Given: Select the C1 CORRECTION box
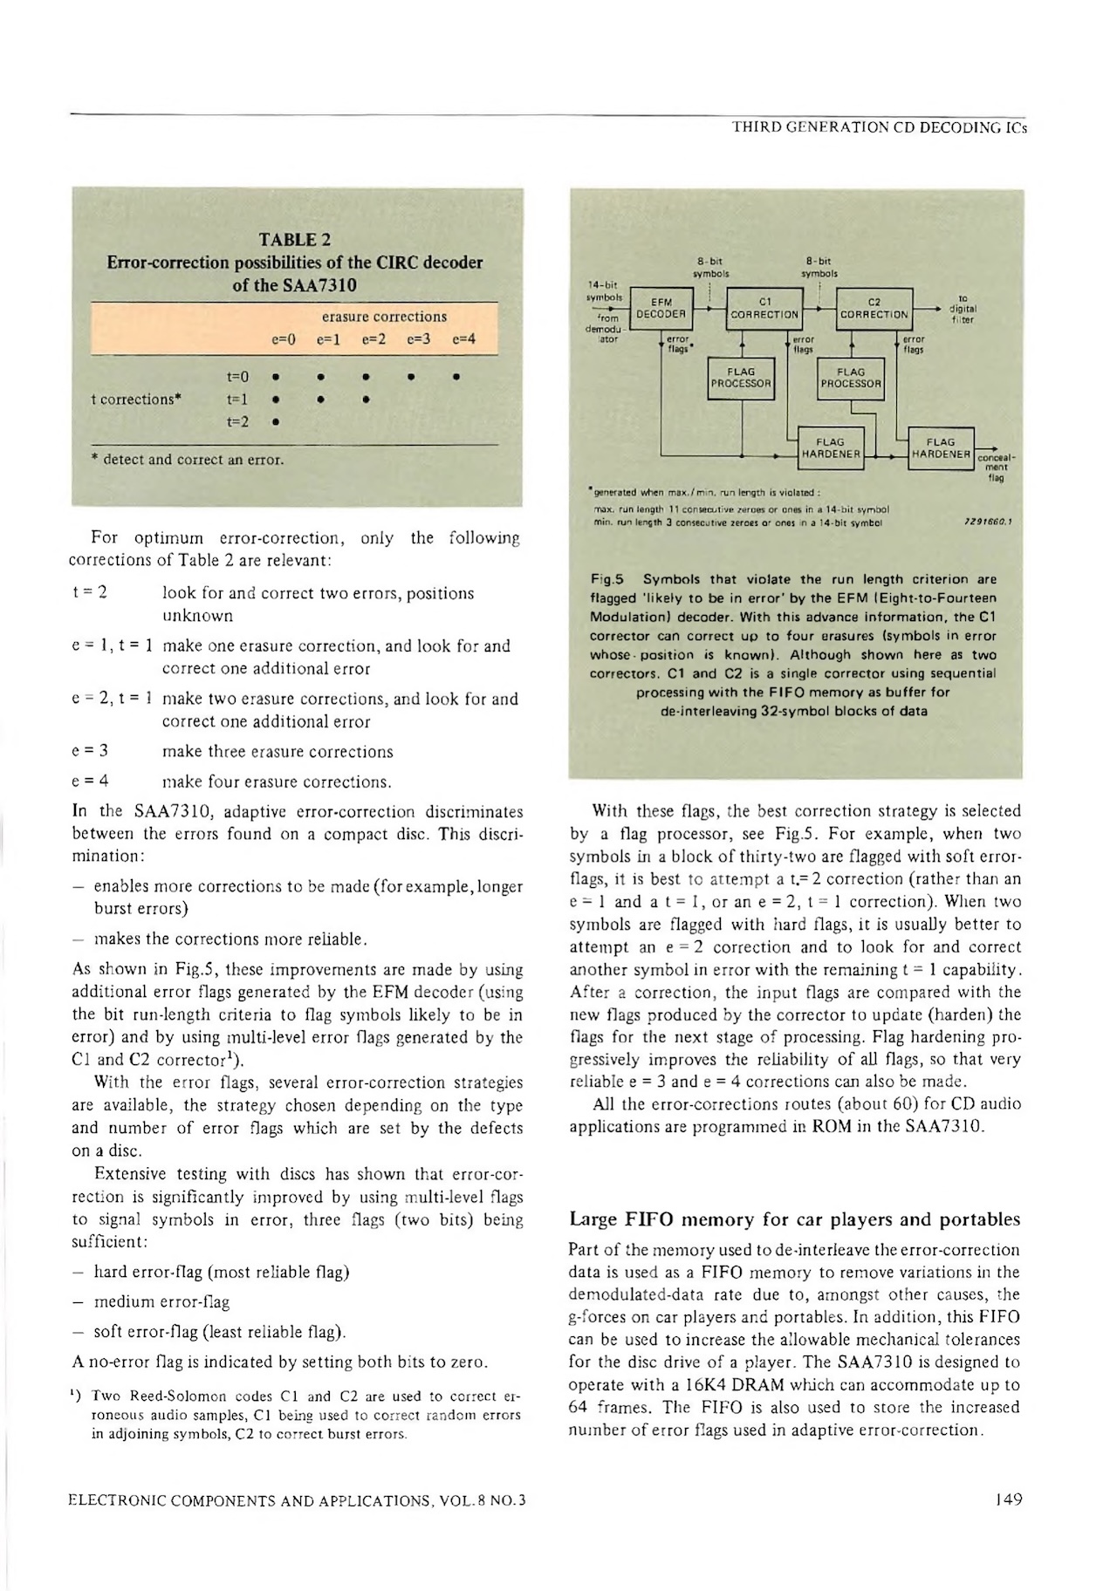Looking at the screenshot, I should click(764, 308).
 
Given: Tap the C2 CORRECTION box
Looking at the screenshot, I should click(874, 308).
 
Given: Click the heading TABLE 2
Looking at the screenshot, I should click(295, 240).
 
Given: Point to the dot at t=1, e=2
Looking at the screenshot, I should click(365, 400).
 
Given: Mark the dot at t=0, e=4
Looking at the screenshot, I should click(457, 379).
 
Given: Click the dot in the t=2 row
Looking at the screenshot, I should click(275, 423).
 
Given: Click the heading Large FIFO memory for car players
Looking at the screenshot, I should click(794, 1219).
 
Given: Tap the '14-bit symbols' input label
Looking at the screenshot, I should click(604, 290).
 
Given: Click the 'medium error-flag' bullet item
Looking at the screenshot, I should click(161, 1302).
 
